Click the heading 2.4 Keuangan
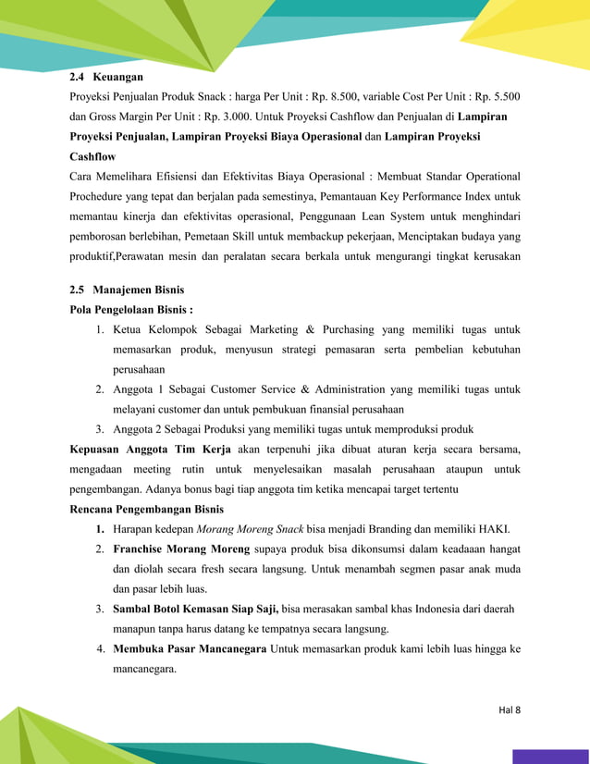(106, 77)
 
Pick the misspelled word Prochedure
(102, 197)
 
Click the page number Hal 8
(509, 709)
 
